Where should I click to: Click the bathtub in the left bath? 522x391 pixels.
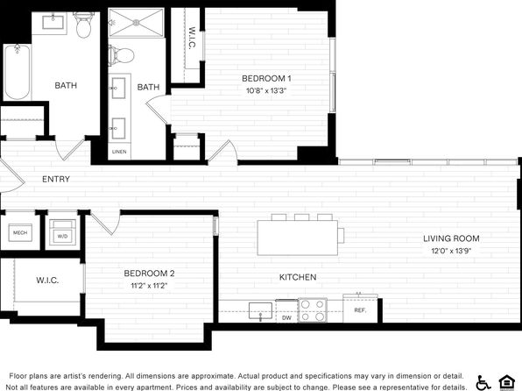click(x=18, y=72)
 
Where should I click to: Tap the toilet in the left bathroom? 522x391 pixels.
click(x=83, y=25)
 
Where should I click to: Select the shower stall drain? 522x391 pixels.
click(x=136, y=22)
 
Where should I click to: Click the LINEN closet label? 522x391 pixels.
click(x=119, y=152)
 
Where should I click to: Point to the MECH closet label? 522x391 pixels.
click(x=20, y=232)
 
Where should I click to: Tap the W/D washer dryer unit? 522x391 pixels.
click(x=62, y=232)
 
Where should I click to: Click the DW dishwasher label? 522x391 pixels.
click(x=286, y=317)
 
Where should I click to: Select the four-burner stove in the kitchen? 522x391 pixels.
click(x=313, y=310)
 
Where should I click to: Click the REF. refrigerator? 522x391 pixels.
click(x=360, y=309)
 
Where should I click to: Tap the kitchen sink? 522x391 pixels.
click(x=261, y=310)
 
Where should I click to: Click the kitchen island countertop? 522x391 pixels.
click(x=297, y=238)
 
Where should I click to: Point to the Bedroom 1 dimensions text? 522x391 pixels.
click(x=266, y=90)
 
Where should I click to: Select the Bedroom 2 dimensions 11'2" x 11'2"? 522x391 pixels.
click(x=149, y=286)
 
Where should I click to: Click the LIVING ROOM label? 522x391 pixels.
click(x=451, y=238)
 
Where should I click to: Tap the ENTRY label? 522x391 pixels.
click(x=56, y=180)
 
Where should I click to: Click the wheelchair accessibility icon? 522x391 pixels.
click(x=483, y=382)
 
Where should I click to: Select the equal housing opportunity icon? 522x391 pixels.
click(x=507, y=382)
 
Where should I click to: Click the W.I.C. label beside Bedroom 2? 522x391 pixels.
click(x=47, y=281)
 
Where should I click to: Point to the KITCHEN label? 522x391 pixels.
click(x=298, y=277)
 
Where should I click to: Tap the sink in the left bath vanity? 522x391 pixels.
click(x=53, y=22)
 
